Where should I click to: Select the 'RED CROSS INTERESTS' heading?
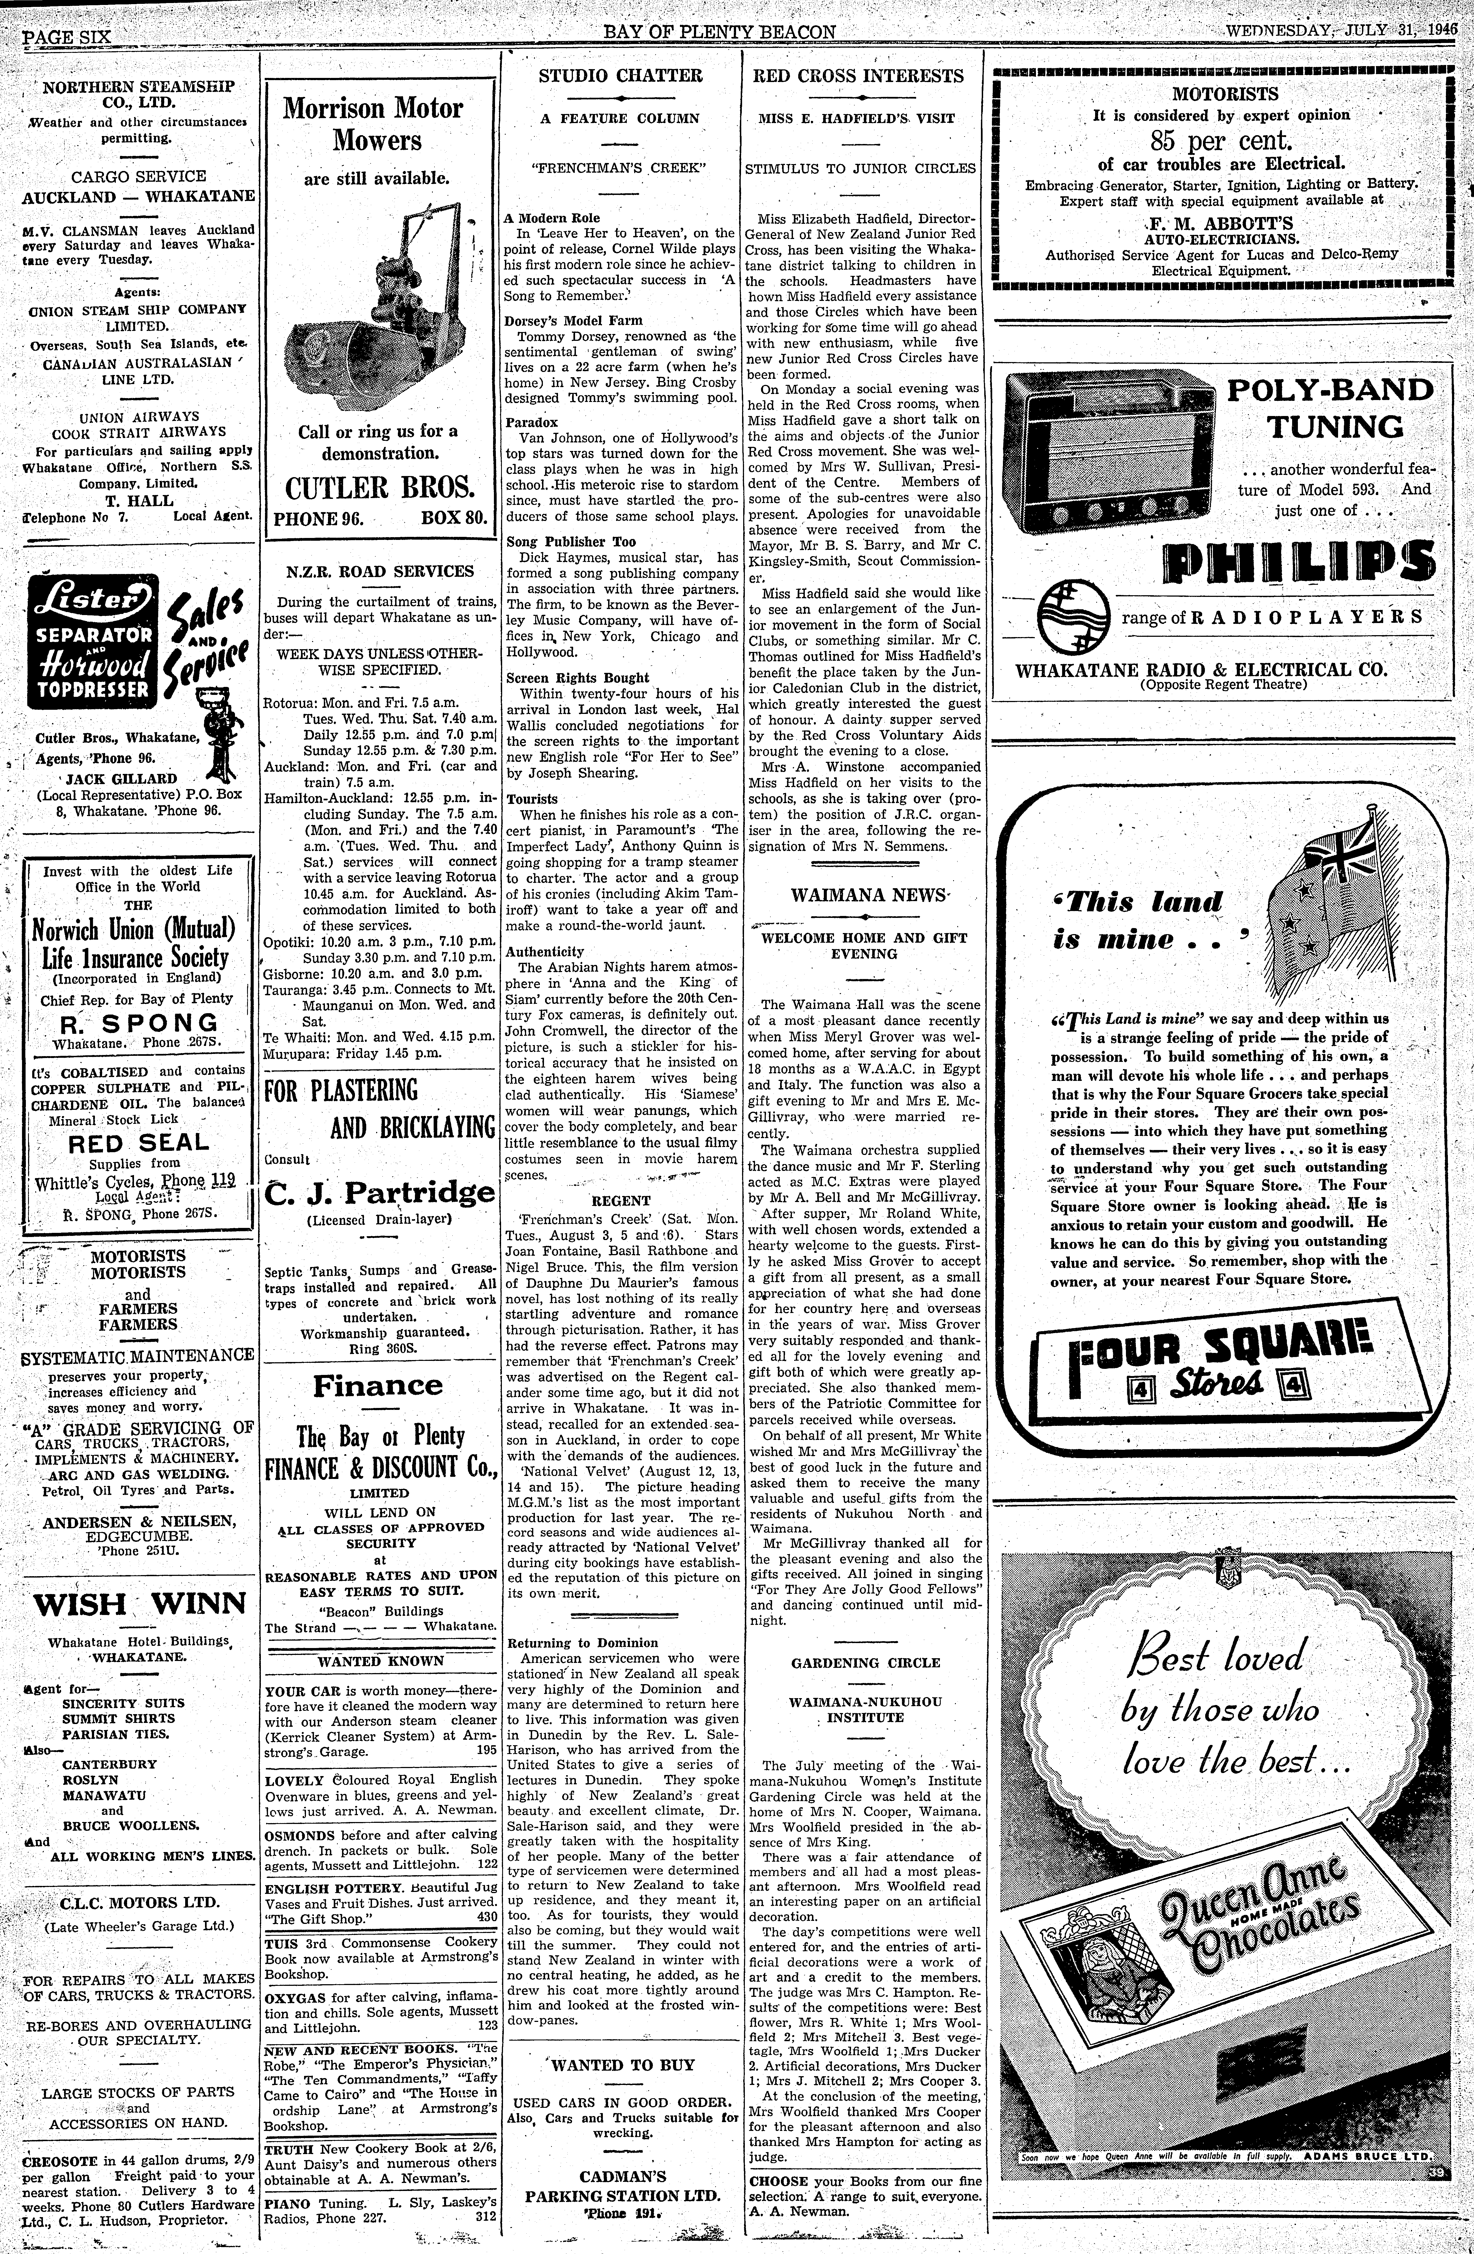(859, 76)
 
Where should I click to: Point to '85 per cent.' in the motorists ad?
(1221, 141)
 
